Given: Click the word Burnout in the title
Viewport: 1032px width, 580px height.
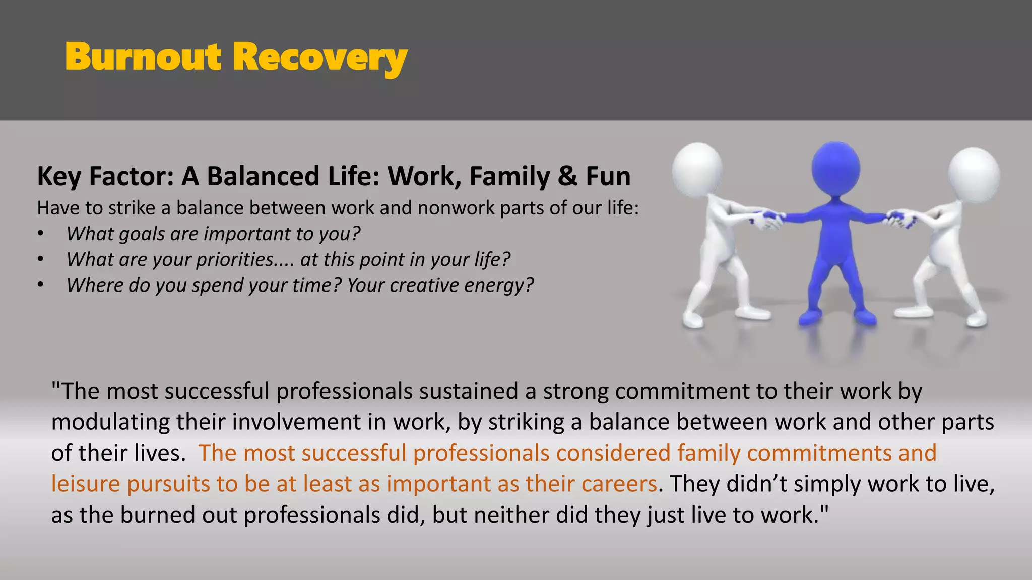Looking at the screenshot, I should coord(143,57).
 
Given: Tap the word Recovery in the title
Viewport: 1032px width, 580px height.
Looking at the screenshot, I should coord(319,58).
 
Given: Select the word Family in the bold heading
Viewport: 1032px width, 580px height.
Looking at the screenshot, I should coord(509,177).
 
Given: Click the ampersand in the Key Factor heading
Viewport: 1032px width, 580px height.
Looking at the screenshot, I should coord(567,177).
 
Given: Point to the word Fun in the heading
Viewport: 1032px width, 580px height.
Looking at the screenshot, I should coord(608,177).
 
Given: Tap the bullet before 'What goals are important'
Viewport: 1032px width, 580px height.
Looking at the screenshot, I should coord(41,234).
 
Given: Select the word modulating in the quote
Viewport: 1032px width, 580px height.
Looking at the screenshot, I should coord(110,422).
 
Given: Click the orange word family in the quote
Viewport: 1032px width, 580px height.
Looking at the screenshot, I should coord(708,453).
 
